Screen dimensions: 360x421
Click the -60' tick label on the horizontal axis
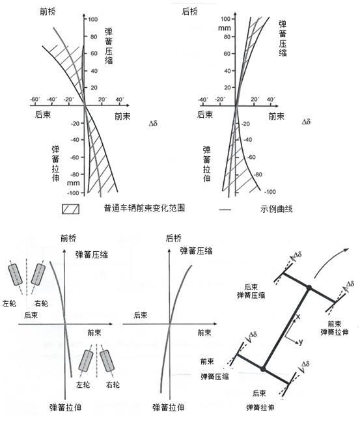pos(35,100)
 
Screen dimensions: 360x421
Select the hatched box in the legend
pos(71,209)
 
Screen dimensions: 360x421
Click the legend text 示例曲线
pos(276,209)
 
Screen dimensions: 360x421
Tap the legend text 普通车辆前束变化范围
pos(145,208)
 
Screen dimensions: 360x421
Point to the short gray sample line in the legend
pos(225,210)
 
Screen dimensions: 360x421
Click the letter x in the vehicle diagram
pos(298,317)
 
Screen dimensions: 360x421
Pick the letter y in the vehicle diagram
pos(301,342)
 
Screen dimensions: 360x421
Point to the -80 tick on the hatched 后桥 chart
pos(257,174)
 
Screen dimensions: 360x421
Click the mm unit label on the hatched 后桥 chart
pos(225,28)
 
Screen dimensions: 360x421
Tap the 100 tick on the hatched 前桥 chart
pos(93,20)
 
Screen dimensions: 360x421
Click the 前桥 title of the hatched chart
pos(48,12)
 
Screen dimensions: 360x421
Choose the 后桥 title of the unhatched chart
pos(174,238)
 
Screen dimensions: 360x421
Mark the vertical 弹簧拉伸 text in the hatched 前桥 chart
pos(55,163)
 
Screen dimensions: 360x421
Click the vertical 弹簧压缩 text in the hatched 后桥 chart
pos(283,38)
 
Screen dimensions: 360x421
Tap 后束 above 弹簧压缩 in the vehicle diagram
pos(251,287)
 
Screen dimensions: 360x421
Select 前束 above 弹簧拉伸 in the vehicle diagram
pos(335,323)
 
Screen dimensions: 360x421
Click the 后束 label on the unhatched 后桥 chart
pos(140,315)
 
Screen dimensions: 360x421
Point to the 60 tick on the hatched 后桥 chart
pos(227,54)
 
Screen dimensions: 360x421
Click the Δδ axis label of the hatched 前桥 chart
pos(153,124)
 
